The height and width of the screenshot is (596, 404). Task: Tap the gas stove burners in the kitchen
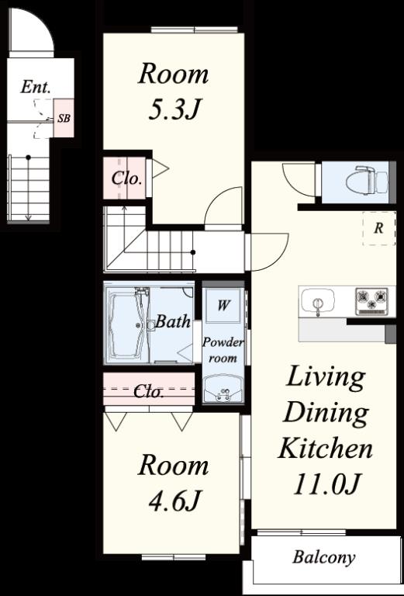pyautogui.click(x=371, y=300)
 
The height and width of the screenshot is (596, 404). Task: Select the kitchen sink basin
pyautogui.click(x=318, y=301)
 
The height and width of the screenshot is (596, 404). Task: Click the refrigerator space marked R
pyautogui.click(x=378, y=228)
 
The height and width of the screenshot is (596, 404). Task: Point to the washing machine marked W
pyautogui.click(x=223, y=305)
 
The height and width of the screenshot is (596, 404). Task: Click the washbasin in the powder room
pyautogui.click(x=223, y=389)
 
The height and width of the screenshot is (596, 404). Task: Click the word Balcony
pyautogui.click(x=324, y=557)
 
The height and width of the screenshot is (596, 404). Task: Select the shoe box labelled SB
pyautogui.click(x=64, y=118)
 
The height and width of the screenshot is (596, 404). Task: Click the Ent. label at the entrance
pyautogui.click(x=36, y=87)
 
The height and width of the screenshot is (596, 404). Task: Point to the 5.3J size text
pyautogui.click(x=174, y=110)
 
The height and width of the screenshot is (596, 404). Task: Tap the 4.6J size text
pyautogui.click(x=174, y=501)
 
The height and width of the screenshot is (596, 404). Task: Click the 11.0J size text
pyautogui.click(x=326, y=484)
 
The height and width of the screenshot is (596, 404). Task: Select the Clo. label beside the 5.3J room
pyautogui.click(x=126, y=178)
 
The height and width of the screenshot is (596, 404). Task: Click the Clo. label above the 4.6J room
pyautogui.click(x=148, y=392)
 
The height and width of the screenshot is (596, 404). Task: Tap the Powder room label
pyautogui.click(x=223, y=350)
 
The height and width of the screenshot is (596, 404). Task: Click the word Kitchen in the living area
pyautogui.click(x=326, y=449)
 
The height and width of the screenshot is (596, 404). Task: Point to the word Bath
pyautogui.click(x=173, y=322)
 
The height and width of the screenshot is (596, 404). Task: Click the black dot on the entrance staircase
pyautogui.click(x=28, y=157)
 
